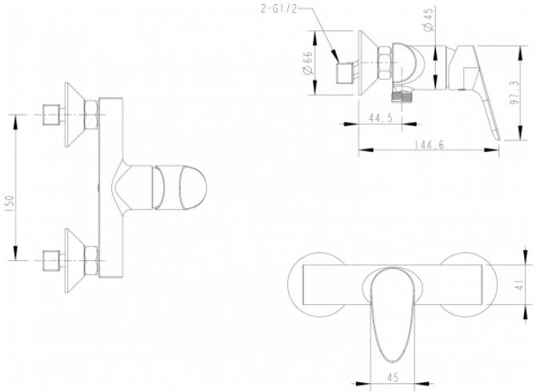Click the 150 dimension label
coord(10,203)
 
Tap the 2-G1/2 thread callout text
coord(278,9)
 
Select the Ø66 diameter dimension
coord(307,62)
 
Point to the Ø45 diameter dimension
coord(429,20)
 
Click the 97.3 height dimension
coord(516,93)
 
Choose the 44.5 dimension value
coord(381,118)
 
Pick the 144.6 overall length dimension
coord(429,145)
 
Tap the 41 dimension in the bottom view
coord(520,285)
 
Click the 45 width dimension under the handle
coord(393,377)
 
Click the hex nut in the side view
coord(385,63)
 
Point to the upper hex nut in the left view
coord(92,114)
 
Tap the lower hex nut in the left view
coord(92,261)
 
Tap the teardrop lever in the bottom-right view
coord(393,314)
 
